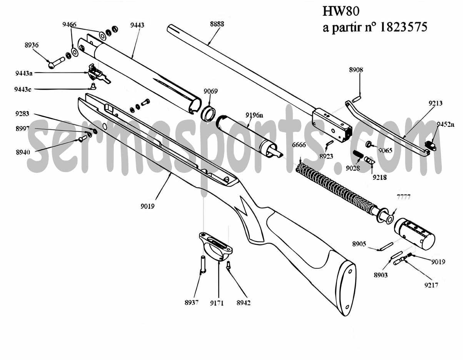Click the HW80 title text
340,10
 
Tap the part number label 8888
217,24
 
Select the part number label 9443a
24,73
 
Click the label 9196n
255,115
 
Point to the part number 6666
299,145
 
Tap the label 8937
191,303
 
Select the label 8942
243,303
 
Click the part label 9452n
445,124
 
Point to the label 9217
431,285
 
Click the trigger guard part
216,246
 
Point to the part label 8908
356,70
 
